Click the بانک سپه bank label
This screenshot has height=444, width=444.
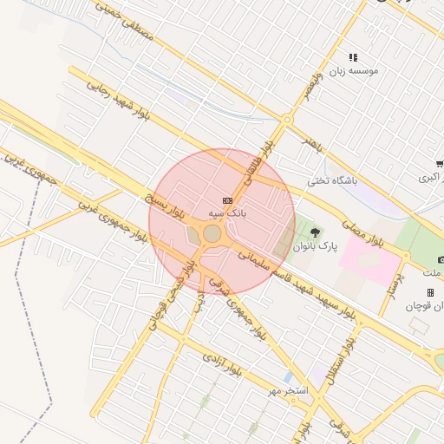click(x=227, y=212)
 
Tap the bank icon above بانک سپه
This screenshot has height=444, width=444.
click(x=227, y=200)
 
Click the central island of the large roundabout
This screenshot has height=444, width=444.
click(x=212, y=233)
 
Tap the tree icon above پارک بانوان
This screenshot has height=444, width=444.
click(x=314, y=232)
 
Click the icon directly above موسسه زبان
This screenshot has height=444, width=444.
click(x=353, y=57)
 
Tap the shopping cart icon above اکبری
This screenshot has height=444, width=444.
click(x=440, y=163)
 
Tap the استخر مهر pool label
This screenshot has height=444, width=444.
click(x=288, y=392)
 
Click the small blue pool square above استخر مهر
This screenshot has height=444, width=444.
click(x=287, y=378)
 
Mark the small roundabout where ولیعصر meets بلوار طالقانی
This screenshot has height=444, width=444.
click(x=287, y=120)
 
